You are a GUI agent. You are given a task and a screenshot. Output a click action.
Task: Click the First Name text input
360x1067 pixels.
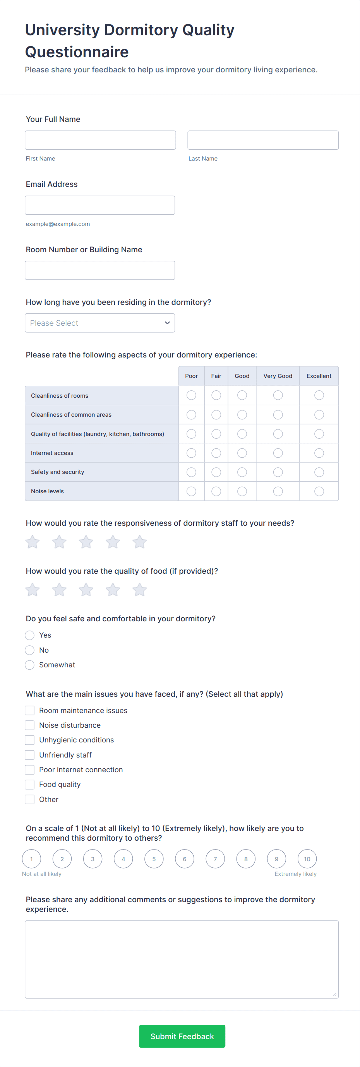pos(100,140)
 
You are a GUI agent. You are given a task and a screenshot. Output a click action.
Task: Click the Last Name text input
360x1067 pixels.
pos(263,140)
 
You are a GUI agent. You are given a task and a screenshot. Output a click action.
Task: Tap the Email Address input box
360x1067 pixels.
pos(100,205)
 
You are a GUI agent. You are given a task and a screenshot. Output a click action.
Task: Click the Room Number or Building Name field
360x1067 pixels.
pos(100,270)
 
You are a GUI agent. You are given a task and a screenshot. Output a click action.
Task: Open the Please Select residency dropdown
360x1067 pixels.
pos(100,323)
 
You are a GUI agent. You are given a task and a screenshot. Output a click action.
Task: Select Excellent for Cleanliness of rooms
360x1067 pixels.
pos(319,395)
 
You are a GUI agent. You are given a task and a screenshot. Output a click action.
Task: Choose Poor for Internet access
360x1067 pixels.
pos(191,453)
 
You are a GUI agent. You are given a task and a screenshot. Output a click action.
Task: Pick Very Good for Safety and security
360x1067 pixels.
pos(278,472)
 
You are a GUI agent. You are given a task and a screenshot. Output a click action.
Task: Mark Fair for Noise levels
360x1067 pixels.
pos(216,491)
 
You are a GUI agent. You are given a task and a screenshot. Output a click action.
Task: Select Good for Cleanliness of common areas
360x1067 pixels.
pos(242,415)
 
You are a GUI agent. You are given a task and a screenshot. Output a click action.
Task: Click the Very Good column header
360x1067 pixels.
pos(278,376)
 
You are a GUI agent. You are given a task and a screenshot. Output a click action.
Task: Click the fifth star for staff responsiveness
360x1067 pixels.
pos(140,542)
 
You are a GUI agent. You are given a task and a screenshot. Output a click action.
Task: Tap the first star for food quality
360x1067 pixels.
pos(32,590)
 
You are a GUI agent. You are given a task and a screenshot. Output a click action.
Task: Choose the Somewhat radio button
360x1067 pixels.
pos(29,665)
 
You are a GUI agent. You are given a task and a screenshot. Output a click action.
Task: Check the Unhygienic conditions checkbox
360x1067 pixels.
pos(29,740)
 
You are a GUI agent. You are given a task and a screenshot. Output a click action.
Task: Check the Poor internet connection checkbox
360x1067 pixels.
pos(29,769)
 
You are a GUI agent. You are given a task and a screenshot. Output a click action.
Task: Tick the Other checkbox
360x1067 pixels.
pos(29,799)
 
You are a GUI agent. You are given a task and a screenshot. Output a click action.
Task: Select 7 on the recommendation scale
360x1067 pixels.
pos(215,858)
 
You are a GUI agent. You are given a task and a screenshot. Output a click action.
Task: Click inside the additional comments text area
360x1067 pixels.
pos(182,959)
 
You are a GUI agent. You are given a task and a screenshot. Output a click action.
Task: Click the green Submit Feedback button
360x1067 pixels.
pos(182,1036)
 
